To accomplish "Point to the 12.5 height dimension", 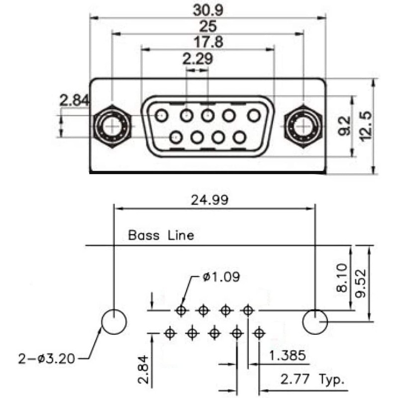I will tap(367, 126).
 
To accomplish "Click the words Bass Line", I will tap(161, 235).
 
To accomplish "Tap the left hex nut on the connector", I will tap(112, 126).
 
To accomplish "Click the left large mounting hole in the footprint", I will tap(114, 321).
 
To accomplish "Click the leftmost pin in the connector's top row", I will tap(161, 116).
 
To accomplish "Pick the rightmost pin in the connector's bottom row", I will tap(240, 136).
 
